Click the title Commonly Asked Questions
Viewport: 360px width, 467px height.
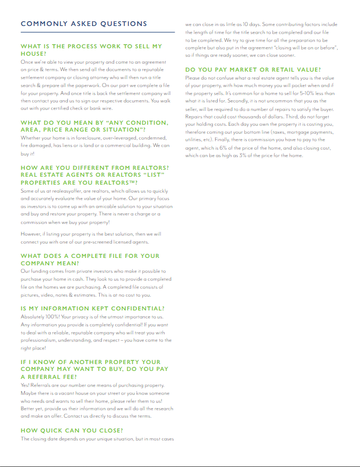(84, 24)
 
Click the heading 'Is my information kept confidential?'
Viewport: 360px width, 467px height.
(92, 308)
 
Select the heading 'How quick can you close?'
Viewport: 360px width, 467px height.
(72, 430)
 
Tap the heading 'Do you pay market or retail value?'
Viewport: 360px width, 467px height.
(253, 70)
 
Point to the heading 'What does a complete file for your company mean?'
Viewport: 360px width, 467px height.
(90, 259)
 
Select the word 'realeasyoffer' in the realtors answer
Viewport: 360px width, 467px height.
(62, 191)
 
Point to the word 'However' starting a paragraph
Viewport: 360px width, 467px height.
(31, 234)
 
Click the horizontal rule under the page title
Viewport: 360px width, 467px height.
(97, 33)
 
